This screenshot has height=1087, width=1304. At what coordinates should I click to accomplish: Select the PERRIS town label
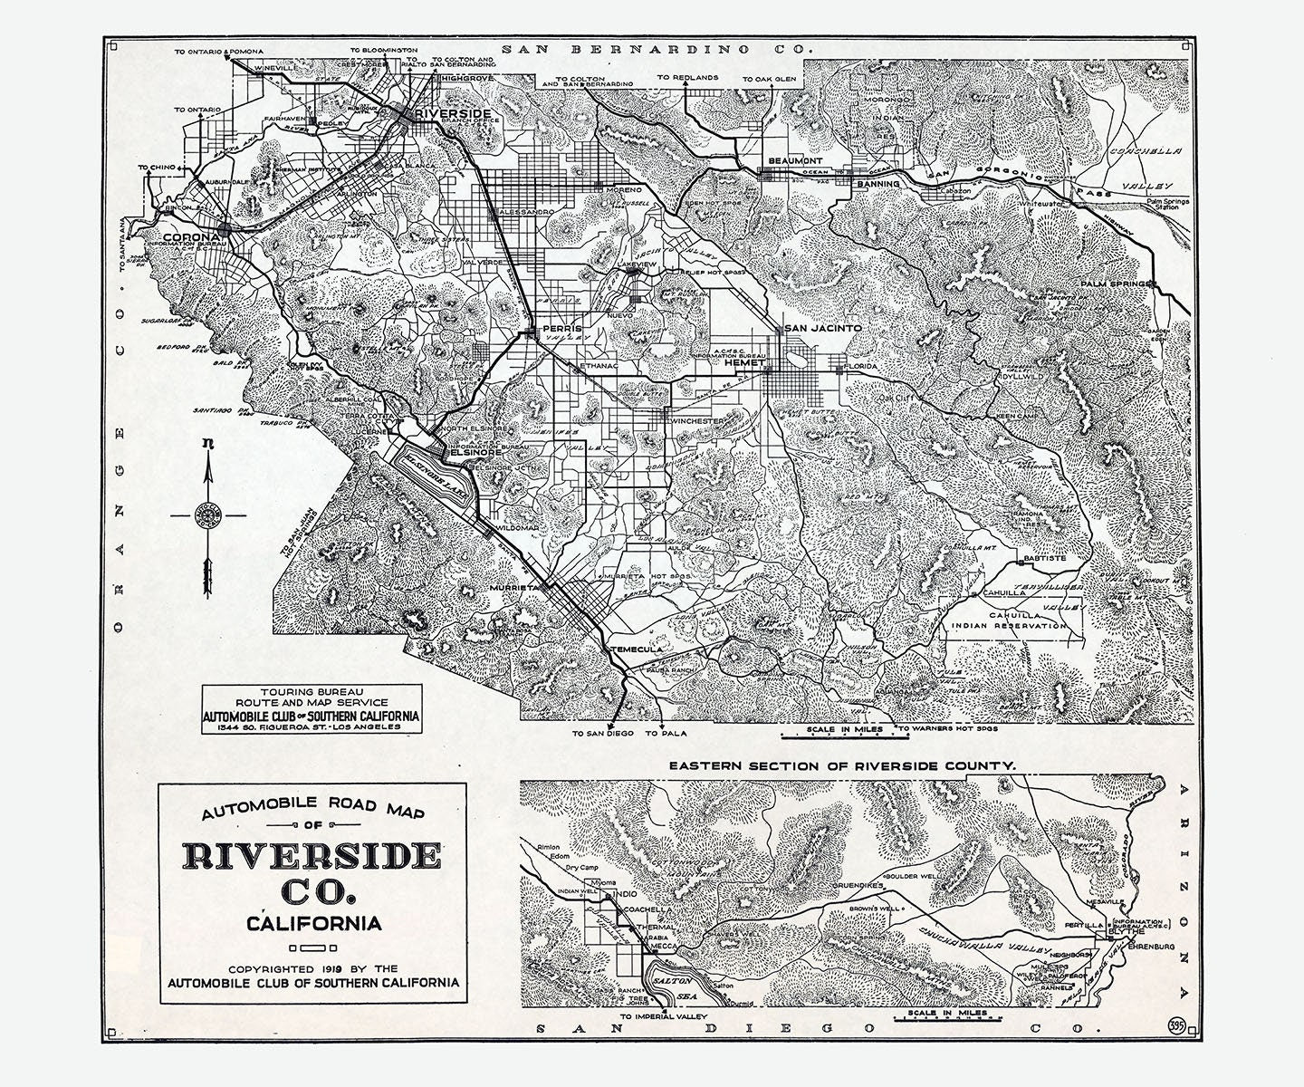point(559,328)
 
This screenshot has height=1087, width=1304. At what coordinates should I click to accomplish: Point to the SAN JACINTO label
point(822,328)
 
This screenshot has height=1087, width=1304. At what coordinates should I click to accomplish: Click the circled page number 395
point(1176,1025)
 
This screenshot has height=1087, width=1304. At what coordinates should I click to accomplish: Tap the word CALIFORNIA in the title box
point(313,924)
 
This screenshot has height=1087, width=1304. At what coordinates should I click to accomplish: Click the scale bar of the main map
point(838,735)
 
